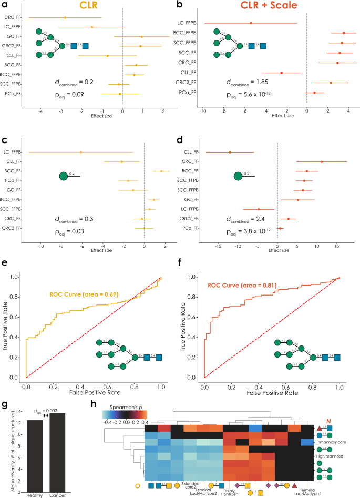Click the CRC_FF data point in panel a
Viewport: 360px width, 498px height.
65,17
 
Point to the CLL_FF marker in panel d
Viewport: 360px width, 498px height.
230,152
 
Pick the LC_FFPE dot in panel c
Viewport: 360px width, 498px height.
81,152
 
